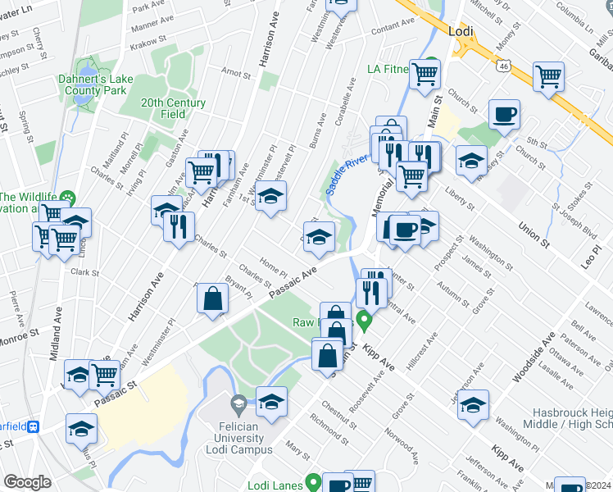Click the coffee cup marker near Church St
[x=505, y=114]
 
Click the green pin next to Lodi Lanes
[x=312, y=482]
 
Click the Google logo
[x=27, y=482]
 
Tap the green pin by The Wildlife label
[x=69, y=198]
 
